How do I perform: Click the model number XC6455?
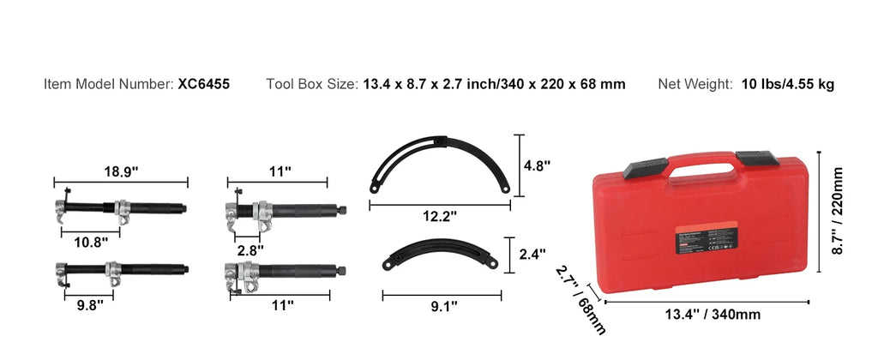point(203,84)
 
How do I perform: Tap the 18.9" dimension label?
point(120,171)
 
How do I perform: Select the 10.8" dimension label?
point(92,242)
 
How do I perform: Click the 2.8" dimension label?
point(250,249)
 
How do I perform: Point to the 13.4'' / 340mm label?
point(713,315)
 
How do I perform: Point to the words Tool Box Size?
point(311,84)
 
